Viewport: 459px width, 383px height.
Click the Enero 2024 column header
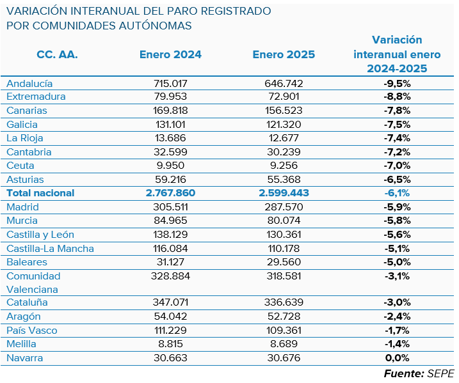pyautogui.click(x=170, y=54)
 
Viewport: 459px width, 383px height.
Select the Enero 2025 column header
pyautogui.click(x=284, y=54)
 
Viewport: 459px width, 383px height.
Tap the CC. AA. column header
pyautogui.click(x=57, y=54)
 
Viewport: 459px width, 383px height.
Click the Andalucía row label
pyautogui.click(x=29, y=83)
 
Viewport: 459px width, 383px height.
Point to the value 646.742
pyautogui.click(x=284, y=83)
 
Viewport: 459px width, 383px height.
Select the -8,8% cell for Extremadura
pyautogui.click(x=396, y=97)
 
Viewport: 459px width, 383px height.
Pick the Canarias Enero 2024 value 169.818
pyautogui.click(x=170, y=111)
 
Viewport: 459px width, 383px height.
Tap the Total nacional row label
pyautogui.click(x=40, y=193)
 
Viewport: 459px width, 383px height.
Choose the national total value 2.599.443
pyautogui.click(x=284, y=193)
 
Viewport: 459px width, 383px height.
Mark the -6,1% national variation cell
pyautogui.click(x=396, y=193)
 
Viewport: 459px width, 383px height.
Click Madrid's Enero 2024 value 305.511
pyautogui.click(x=170, y=207)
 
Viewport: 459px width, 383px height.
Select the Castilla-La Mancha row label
pyautogui.click(x=50, y=249)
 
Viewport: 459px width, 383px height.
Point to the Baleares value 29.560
pyautogui.click(x=284, y=262)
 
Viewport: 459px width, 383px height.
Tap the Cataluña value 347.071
pyautogui.click(x=170, y=302)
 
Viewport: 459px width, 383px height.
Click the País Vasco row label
pyautogui.click(x=31, y=331)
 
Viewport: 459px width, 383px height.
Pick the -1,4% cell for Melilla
pyautogui.click(x=396, y=344)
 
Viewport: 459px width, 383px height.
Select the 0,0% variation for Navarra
pyautogui.click(x=396, y=358)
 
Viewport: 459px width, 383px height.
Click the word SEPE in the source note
pyautogui.click(x=440, y=373)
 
